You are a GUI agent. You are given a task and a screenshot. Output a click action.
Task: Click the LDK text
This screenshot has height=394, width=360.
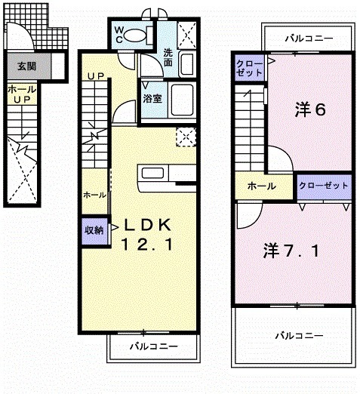click(149, 224)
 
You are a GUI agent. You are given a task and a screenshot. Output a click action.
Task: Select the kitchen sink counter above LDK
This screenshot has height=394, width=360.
click(165, 174)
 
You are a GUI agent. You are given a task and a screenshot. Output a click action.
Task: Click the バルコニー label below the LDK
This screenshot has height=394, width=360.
click(152, 346)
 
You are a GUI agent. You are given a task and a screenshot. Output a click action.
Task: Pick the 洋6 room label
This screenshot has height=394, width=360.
click(309, 110)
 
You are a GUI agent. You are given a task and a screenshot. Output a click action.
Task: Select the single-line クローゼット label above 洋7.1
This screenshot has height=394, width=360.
click(324, 186)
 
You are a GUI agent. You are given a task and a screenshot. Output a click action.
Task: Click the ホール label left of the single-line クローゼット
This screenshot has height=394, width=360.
click(260, 186)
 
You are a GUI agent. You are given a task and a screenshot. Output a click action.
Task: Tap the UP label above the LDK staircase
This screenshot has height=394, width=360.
click(95, 76)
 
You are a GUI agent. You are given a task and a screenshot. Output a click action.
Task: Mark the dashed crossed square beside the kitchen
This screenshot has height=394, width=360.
click(185, 136)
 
